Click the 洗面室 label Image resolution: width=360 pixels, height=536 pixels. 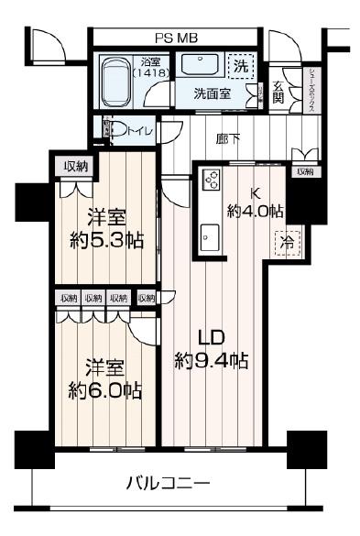tap(211, 93)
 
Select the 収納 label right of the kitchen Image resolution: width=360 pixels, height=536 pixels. tap(304, 170)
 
